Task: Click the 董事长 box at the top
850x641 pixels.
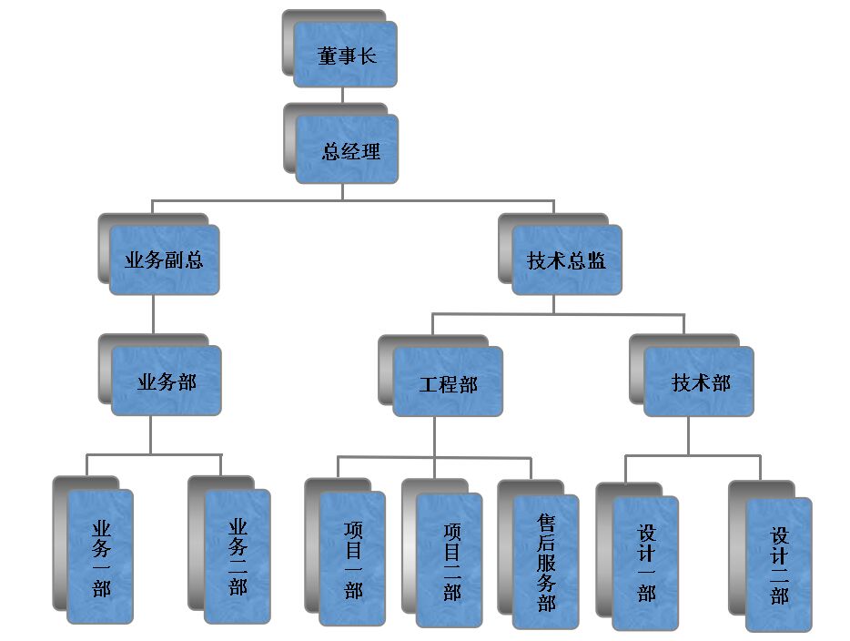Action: tap(345, 55)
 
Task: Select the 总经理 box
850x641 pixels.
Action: tap(348, 149)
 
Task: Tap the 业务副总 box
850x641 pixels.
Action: tap(164, 260)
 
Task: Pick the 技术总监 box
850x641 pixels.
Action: tap(566, 260)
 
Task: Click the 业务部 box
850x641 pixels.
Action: tap(167, 382)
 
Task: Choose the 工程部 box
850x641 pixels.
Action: tap(448, 383)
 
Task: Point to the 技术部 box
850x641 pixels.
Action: tap(700, 382)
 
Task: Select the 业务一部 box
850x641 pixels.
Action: tap(100, 556)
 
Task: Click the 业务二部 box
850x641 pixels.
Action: tap(237, 556)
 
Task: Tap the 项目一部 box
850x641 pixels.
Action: tap(352, 558)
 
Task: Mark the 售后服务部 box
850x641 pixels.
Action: tap(546, 562)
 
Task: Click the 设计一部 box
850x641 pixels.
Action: tap(645, 564)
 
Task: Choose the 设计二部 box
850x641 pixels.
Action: tap(779, 565)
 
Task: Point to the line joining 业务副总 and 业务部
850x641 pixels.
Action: tap(153, 314)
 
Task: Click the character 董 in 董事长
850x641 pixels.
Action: tap(327, 56)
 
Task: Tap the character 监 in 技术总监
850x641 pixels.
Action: tap(597, 261)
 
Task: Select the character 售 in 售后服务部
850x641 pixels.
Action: tap(546, 522)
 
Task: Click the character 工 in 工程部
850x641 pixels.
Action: tap(428, 384)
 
